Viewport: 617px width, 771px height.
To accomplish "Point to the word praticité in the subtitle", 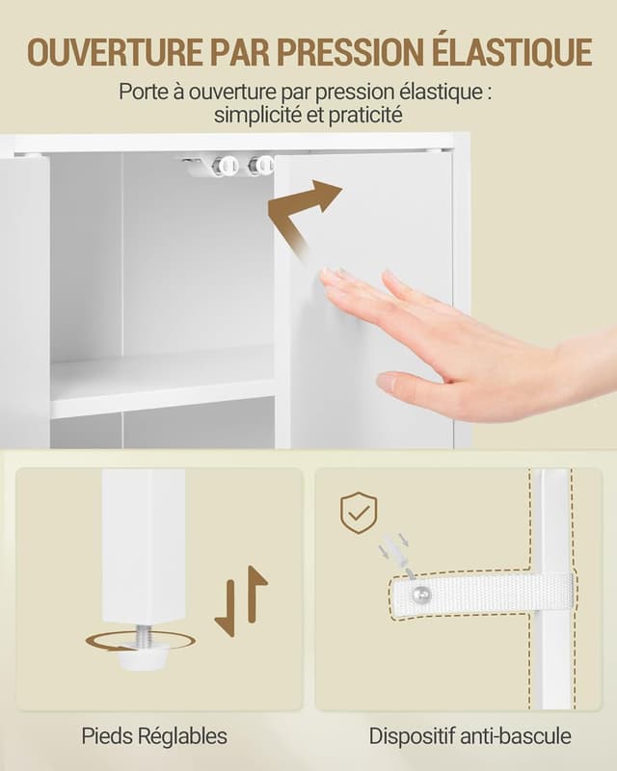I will click(x=365, y=115).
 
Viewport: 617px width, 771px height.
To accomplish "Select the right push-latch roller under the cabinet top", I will click(x=259, y=166).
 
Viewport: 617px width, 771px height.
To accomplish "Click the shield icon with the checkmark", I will click(x=359, y=513).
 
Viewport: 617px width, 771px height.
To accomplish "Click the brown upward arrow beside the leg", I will click(x=256, y=594).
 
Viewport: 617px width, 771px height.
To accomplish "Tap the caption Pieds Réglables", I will click(x=154, y=736).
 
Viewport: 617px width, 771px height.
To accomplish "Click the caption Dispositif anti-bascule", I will click(x=469, y=736).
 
